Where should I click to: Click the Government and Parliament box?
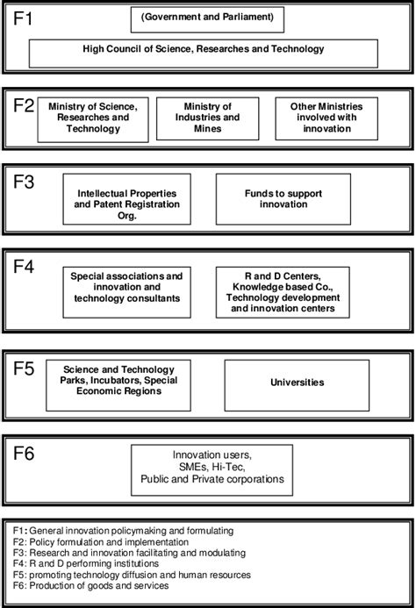pyautogui.click(x=209, y=18)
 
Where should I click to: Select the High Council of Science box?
pyautogui.click(x=209, y=51)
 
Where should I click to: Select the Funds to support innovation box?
pyautogui.click(x=283, y=198)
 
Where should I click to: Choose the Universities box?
pyautogui.click(x=298, y=383)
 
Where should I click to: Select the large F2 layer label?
pyautogui.click(x=25, y=105)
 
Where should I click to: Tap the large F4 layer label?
pyautogui.click(x=25, y=267)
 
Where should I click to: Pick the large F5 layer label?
pyautogui.click(x=25, y=368)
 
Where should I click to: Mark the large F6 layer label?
pyautogui.click(x=25, y=453)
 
